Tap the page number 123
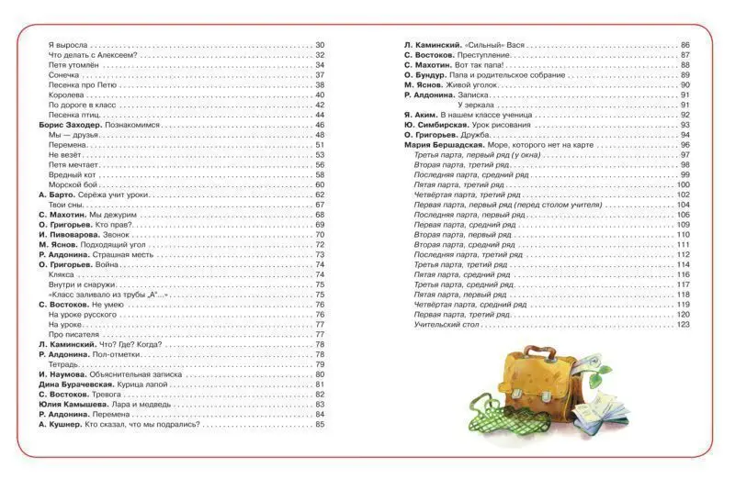click(683, 325)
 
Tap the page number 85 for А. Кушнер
click(321, 425)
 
